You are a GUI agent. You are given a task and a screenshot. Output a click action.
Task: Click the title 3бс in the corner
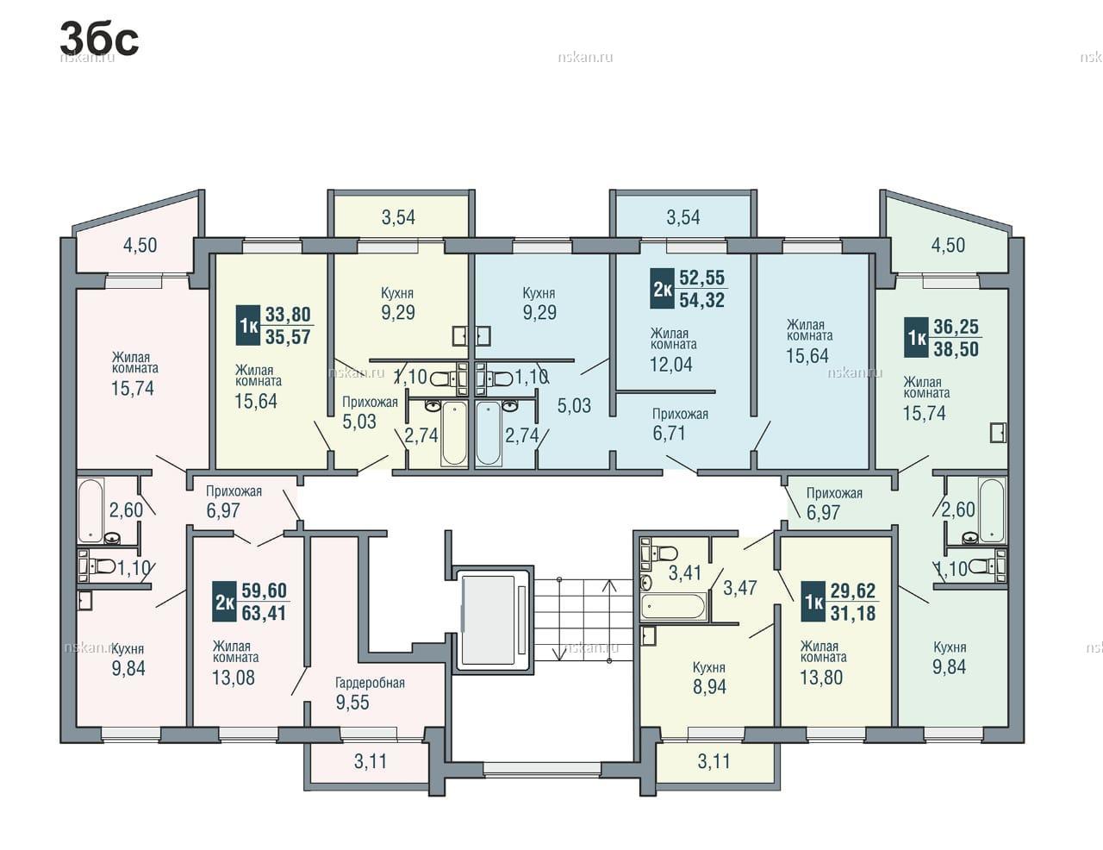coord(99,40)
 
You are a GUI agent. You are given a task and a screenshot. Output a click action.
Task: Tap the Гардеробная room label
coord(370,683)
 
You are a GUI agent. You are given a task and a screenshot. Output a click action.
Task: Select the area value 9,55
coord(352,703)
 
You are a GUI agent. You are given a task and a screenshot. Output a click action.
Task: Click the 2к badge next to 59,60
coord(224,603)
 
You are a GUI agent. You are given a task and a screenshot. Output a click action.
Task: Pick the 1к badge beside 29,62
coord(813,603)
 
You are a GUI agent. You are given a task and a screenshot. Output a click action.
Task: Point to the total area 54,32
coord(702,300)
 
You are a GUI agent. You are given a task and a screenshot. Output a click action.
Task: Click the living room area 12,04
coord(671,365)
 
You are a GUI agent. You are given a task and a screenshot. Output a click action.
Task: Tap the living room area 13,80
coord(821,678)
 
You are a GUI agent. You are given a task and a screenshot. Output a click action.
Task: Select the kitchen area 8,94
coord(709,687)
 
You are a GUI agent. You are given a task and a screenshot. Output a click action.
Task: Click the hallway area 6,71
coord(669,434)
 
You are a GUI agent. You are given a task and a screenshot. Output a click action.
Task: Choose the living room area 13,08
coord(234,678)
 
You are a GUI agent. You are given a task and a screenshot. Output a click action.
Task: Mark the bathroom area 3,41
coord(685,573)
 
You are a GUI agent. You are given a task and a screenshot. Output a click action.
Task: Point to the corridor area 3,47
coord(740,588)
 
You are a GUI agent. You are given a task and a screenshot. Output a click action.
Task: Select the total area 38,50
coord(957,350)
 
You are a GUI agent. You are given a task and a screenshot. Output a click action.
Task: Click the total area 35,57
coord(288,337)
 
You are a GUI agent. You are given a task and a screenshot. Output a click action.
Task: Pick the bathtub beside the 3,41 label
coord(673,606)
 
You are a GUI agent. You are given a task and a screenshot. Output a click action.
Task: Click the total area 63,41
coord(264,614)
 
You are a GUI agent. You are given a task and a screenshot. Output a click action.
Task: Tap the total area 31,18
coord(853,614)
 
